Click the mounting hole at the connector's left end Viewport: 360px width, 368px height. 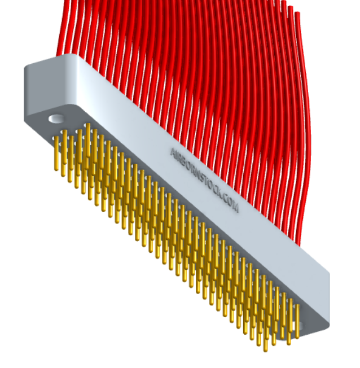56,119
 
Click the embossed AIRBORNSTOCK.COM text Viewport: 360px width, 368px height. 204,179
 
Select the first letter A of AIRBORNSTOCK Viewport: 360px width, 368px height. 173,151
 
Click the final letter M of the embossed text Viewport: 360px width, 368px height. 235,208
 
